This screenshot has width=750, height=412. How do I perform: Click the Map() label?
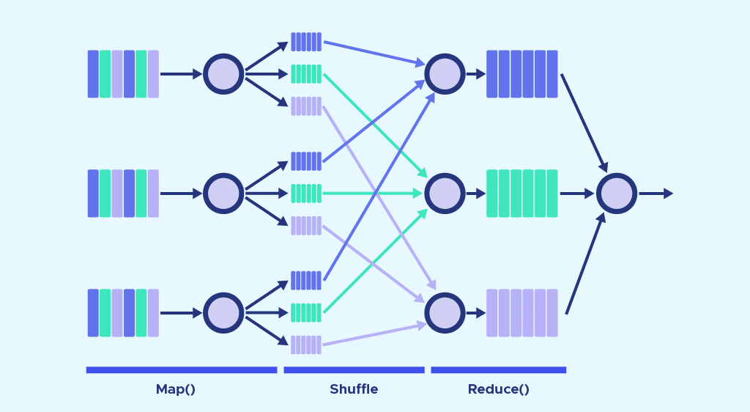[x=175, y=389]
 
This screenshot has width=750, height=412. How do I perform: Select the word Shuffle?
[x=354, y=389]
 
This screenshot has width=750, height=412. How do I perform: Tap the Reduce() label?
[x=498, y=389]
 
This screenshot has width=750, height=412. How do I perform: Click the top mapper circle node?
[x=223, y=74]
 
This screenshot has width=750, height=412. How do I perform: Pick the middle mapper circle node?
[x=223, y=194]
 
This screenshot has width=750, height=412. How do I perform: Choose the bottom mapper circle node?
[x=223, y=313]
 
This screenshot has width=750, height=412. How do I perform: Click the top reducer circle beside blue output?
[x=445, y=74]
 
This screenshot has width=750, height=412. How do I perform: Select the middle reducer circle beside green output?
[x=445, y=194]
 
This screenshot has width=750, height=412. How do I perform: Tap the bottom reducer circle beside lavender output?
[x=445, y=313]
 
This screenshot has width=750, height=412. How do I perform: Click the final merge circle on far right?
[x=617, y=194]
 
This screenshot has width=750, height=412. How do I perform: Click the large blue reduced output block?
[x=521, y=74]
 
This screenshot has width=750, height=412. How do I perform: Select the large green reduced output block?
[x=521, y=194]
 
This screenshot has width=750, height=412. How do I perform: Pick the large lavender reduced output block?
[x=521, y=313]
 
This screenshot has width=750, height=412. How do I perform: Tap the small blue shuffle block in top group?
[x=306, y=42]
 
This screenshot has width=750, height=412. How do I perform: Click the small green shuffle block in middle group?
[x=306, y=194]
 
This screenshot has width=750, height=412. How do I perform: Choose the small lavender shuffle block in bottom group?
[x=306, y=345]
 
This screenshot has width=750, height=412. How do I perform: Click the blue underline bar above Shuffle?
[x=354, y=370]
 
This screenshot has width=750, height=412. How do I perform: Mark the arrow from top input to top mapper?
[x=180, y=74]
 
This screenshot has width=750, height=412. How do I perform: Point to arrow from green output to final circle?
[x=577, y=194]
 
